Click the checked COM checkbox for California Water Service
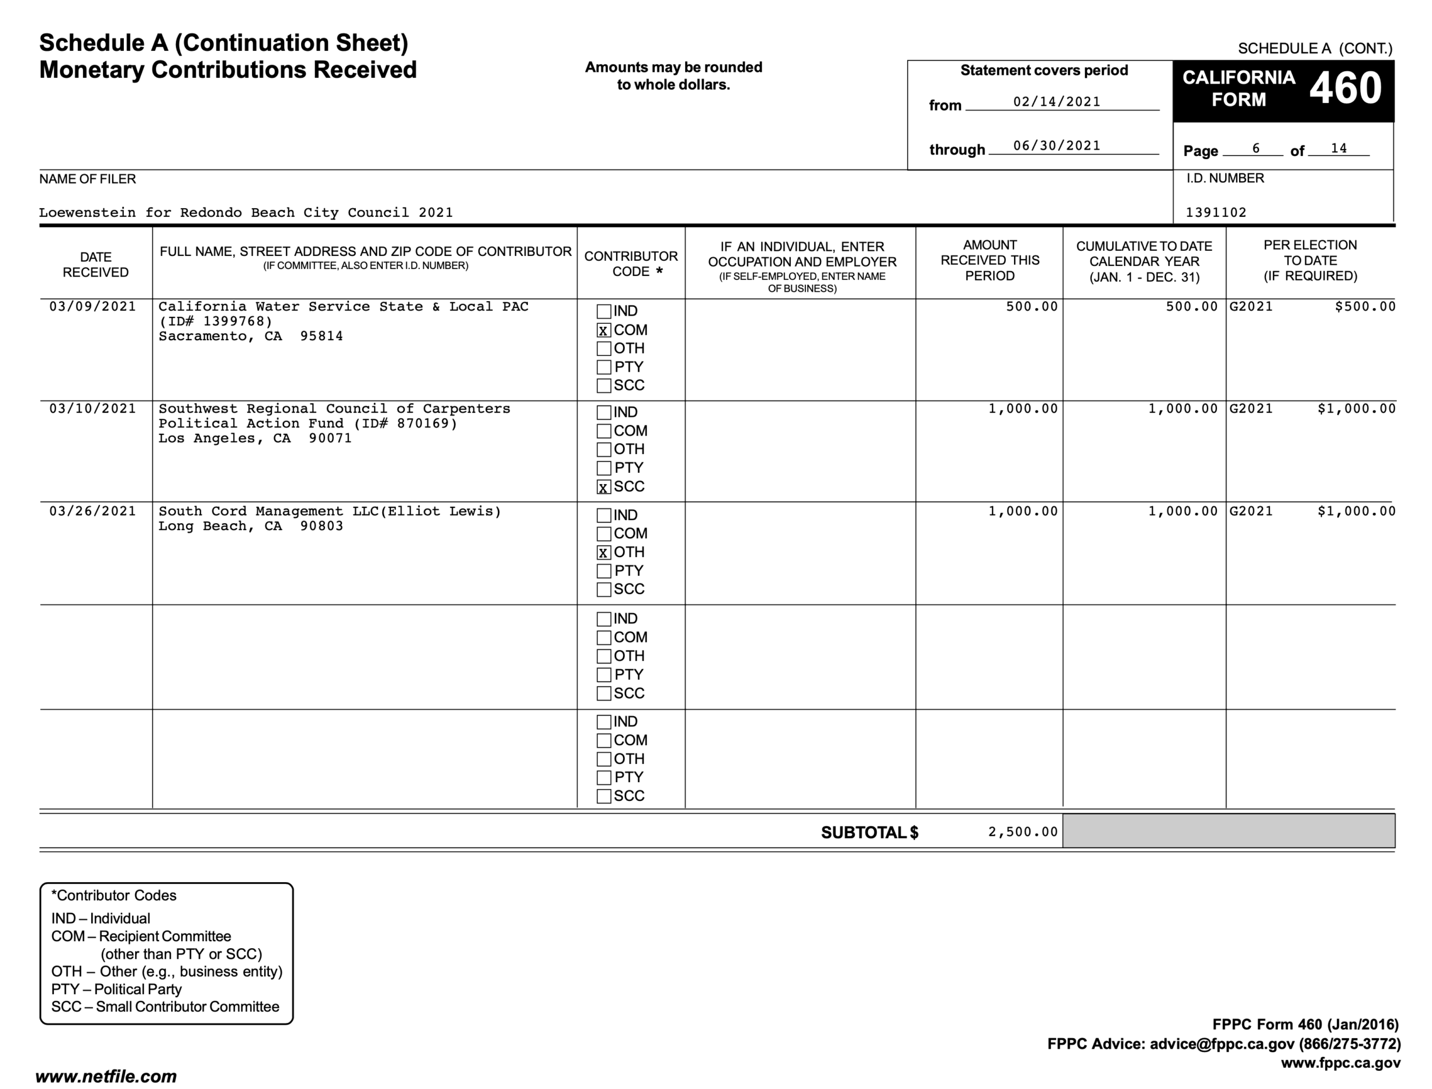pyautogui.click(x=604, y=331)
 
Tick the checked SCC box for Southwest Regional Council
pyautogui.click(x=604, y=488)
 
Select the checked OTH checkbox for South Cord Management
pyautogui.click(x=604, y=553)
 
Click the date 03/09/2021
pyautogui.click(x=93, y=307)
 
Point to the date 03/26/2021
pyautogui.click(x=93, y=511)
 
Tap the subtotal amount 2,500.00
pyautogui.click(x=1022, y=832)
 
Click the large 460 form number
pyautogui.click(x=1345, y=89)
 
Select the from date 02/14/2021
pyautogui.click(x=1057, y=102)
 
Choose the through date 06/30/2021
pyautogui.click(x=1057, y=146)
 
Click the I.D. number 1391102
pyautogui.click(x=1216, y=213)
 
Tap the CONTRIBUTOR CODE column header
pyautogui.click(x=631, y=264)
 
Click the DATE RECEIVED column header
pyautogui.click(x=95, y=264)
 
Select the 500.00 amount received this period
pyautogui.click(x=1032, y=307)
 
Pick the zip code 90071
pyautogui.click(x=330, y=438)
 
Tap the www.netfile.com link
pyautogui.click(x=106, y=1077)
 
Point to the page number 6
pyautogui.click(x=1255, y=149)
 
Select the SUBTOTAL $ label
pyautogui.click(x=869, y=833)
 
